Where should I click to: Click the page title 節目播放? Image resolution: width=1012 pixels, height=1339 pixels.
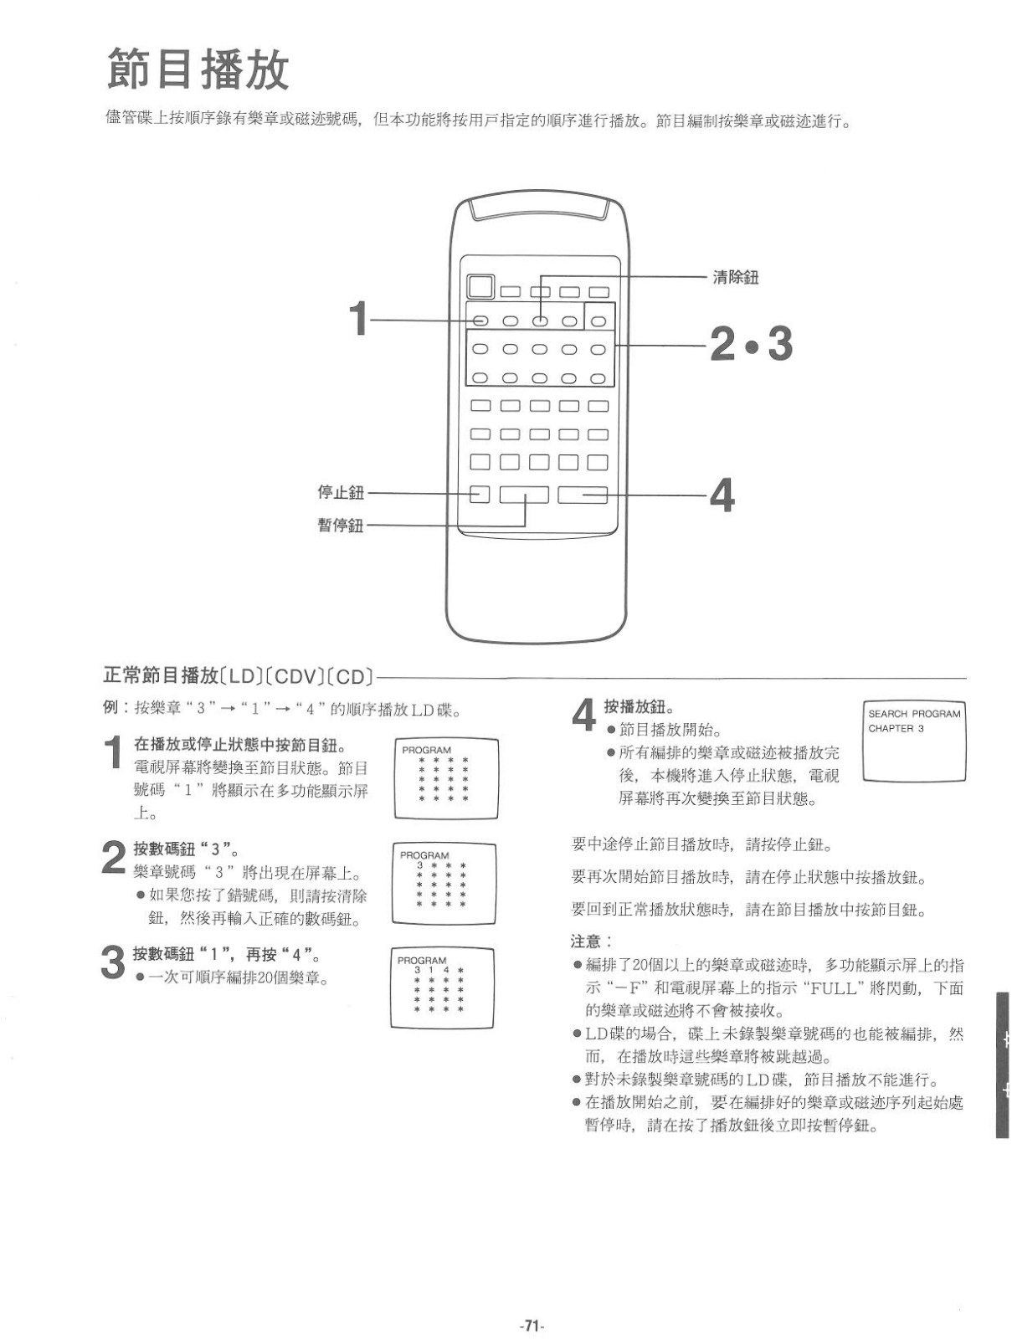[x=198, y=69]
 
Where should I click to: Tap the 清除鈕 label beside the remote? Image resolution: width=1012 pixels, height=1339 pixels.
[x=735, y=278]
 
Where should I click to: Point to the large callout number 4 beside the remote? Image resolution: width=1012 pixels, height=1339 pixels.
[x=722, y=495]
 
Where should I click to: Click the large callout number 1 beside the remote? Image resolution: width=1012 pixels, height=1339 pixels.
[x=358, y=319]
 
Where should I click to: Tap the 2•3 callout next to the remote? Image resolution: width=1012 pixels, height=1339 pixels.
[x=751, y=343]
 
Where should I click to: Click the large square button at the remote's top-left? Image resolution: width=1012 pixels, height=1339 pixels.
[x=479, y=287]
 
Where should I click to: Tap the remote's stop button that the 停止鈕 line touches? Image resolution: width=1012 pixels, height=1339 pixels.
[x=479, y=494]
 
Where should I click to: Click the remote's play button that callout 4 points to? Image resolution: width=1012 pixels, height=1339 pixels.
[x=583, y=495]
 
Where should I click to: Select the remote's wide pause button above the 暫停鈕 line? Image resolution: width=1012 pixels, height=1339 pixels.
[x=524, y=495]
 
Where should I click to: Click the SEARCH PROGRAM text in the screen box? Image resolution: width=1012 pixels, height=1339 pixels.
[x=914, y=714]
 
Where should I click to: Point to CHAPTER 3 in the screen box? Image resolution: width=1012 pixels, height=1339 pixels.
[x=896, y=728]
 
